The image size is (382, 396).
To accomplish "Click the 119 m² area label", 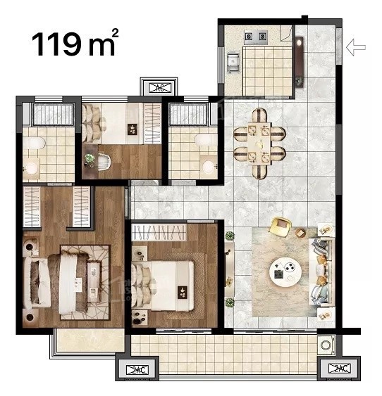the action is point(75,43).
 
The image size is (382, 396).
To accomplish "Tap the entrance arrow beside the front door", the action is point(356,47).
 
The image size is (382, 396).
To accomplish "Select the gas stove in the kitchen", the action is point(256,37).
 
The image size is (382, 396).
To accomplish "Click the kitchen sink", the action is point(233,62).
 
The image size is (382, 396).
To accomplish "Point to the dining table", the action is point(259,143).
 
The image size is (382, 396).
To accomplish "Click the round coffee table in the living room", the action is point(285,272).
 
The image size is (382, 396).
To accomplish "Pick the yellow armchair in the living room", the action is point(281,226).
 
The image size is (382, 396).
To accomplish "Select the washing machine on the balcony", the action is point(326,345).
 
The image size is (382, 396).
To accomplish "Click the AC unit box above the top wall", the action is point(160,88).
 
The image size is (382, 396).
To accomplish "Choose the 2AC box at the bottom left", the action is point(137,370).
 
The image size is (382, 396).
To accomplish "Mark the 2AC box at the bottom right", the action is point(340,369).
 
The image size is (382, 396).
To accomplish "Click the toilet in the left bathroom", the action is point(34,143).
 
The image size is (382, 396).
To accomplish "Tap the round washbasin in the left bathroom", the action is point(32,168).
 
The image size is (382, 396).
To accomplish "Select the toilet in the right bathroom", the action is point(205,140).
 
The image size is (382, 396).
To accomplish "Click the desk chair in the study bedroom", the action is point(104,162).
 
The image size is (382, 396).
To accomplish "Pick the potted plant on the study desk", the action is point(90,158).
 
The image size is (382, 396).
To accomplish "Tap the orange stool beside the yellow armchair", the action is point(300,233).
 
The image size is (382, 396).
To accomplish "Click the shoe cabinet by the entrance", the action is point(300,62).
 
